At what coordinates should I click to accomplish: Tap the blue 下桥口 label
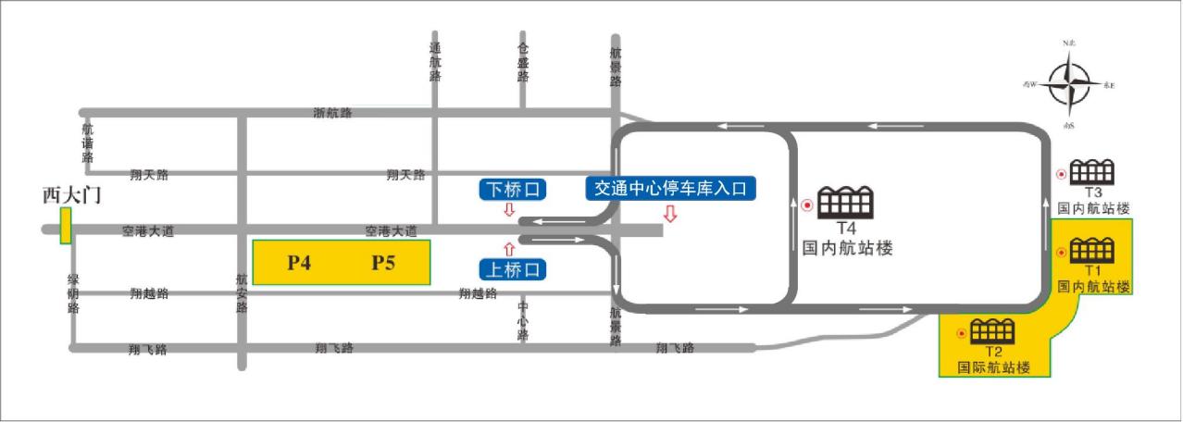pos(512,190)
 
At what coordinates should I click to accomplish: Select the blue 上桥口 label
pos(512,269)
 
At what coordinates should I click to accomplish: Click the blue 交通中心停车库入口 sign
pos(672,188)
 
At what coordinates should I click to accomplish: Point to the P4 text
pos(298,263)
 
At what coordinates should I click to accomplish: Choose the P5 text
pos(383,263)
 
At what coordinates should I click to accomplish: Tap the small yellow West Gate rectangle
pos(66,226)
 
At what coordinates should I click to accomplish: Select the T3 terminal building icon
pos(1092,172)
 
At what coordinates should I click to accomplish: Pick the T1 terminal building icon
pos(1092,250)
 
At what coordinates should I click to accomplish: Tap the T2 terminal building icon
pos(992,330)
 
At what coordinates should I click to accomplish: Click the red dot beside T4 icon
pos(807,205)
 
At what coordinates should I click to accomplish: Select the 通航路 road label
pos(436,62)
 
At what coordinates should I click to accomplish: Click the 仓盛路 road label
pos(523,62)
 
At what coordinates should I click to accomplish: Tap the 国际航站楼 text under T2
pos(996,367)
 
